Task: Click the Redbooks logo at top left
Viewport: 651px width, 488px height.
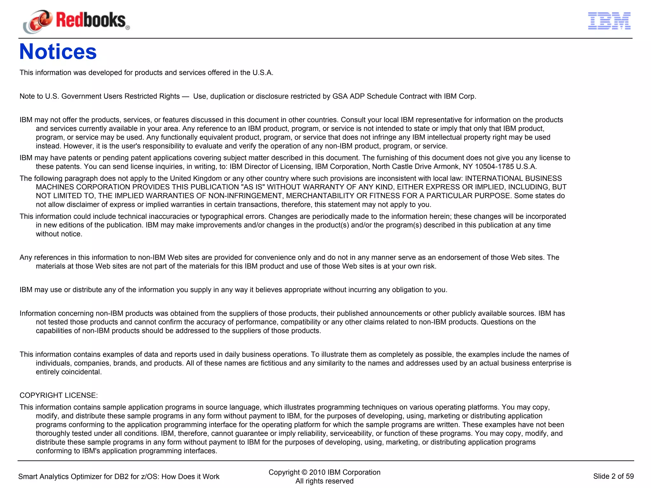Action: pyautogui.click(x=76, y=21)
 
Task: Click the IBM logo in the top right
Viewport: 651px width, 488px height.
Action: pyautogui.click(x=609, y=21)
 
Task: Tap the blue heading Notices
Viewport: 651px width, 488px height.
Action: pyautogui.click(x=58, y=52)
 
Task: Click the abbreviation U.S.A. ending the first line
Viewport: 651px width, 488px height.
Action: pyautogui.click(x=263, y=73)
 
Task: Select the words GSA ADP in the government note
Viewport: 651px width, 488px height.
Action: pyautogui.click(x=348, y=96)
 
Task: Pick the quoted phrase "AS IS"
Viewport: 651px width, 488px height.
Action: pyautogui.click(x=253, y=187)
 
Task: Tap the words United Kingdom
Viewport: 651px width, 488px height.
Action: pyautogui.click(x=196, y=178)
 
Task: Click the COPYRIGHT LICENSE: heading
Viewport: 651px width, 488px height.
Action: pyautogui.click(x=58, y=395)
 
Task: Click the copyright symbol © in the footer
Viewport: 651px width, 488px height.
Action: pyautogui.click(x=304, y=472)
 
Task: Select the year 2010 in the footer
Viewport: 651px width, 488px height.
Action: pyautogui.click(x=317, y=472)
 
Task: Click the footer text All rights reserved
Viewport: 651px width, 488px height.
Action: pyautogui.click(x=324, y=481)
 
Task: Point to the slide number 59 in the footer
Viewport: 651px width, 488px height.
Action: pyautogui.click(x=629, y=476)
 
